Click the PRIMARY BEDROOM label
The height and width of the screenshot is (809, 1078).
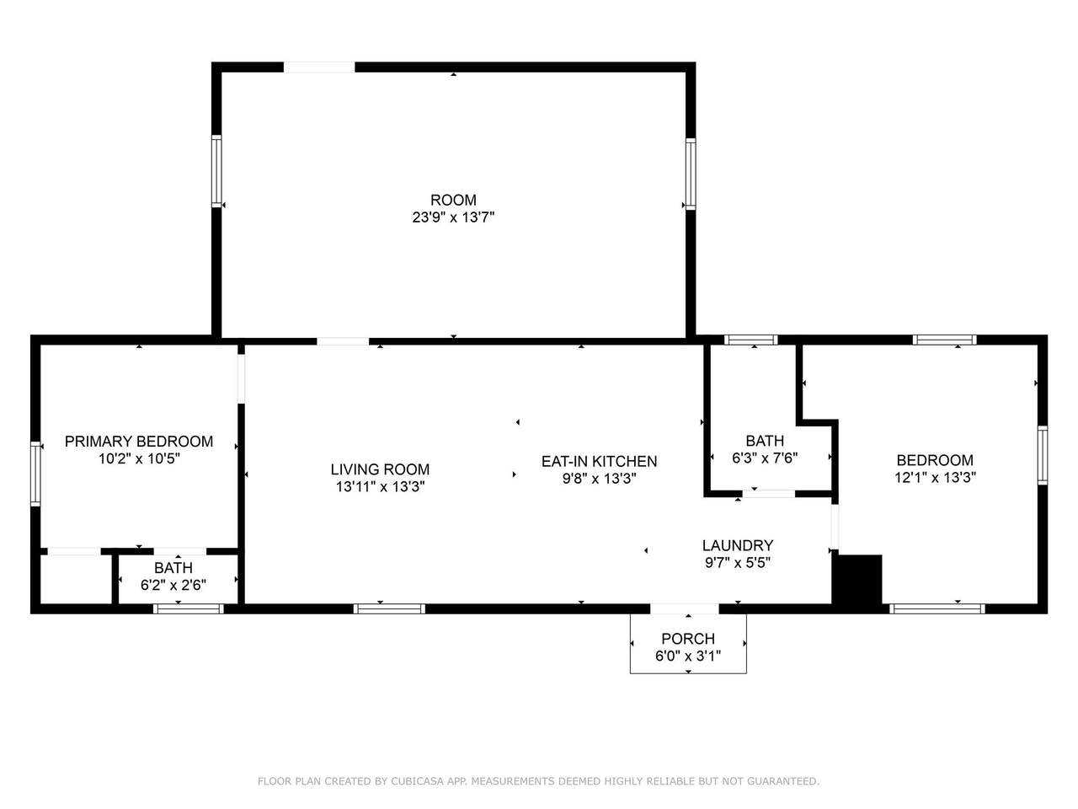(139, 441)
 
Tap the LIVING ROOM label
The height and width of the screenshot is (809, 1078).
(380, 469)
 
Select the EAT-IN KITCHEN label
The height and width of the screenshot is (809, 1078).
(599, 461)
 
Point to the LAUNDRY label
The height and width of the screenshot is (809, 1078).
(738, 545)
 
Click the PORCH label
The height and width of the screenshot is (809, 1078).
(688, 639)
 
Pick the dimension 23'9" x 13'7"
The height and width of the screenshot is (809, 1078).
(453, 217)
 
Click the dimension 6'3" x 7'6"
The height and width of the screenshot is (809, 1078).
(765, 458)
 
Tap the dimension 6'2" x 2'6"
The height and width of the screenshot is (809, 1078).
(173, 585)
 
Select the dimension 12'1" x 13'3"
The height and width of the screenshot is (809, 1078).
(935, 478)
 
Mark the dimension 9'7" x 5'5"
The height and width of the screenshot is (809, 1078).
(738, 562)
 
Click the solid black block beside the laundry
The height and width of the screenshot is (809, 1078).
(857, 579)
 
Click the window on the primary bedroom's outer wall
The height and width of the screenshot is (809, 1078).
(35, 474)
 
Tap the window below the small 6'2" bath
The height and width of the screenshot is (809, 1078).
(189, 608)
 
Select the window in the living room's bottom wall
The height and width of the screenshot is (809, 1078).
(389, 608)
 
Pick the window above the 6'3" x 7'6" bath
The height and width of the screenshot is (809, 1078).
(751, 340)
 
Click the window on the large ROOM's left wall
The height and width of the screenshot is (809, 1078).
(216, 171)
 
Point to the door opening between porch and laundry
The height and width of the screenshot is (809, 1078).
(685, 608)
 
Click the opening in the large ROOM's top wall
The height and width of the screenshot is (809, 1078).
(319, 67)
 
